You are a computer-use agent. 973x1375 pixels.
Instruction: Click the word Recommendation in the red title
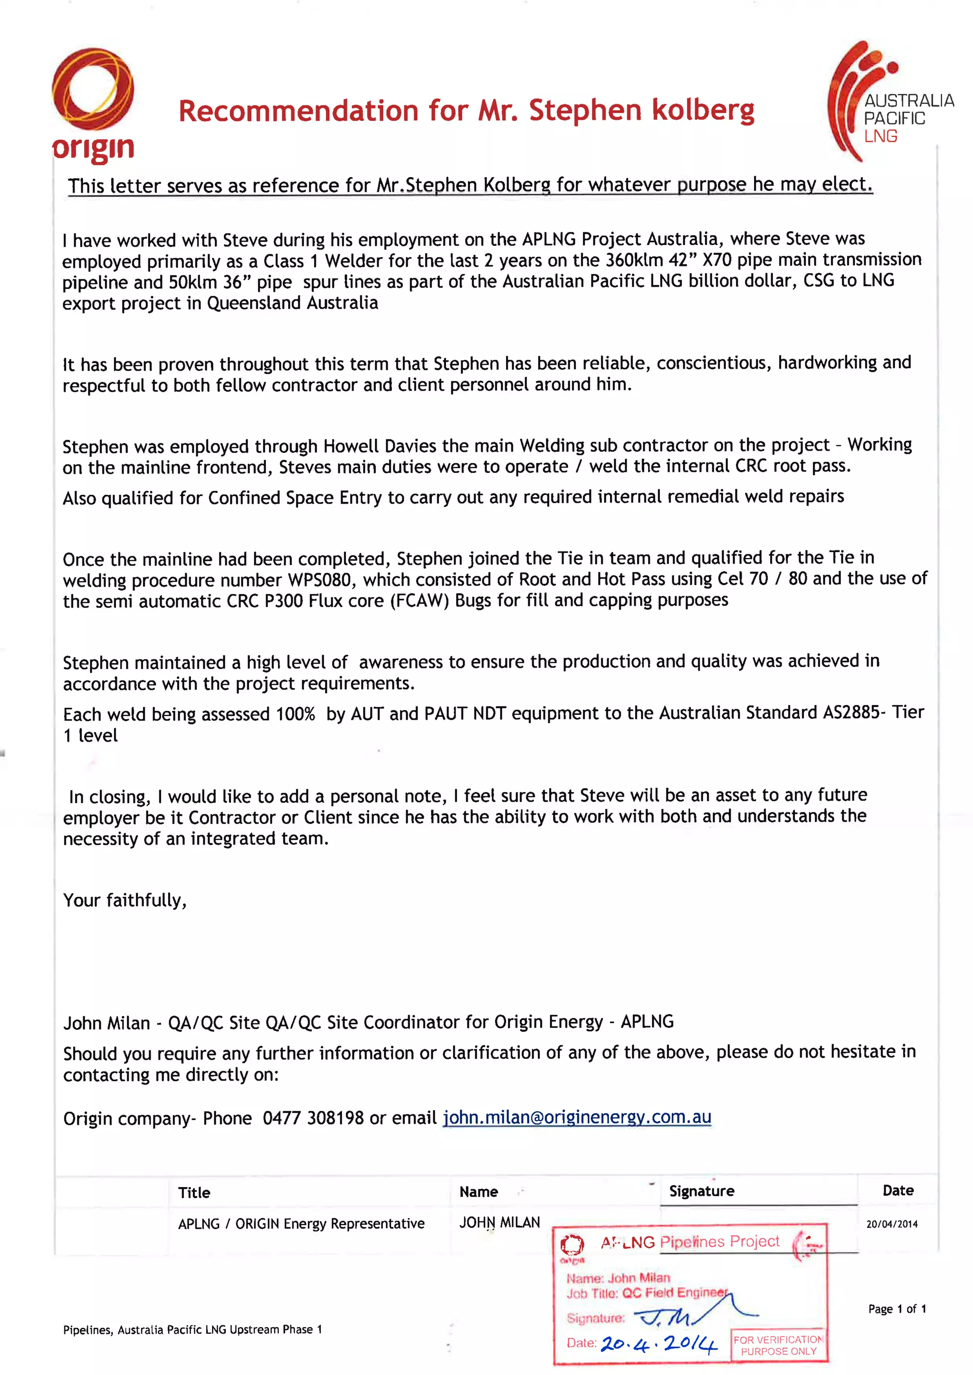coord(298,112)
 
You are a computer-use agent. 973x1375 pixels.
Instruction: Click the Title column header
coord(194,1192)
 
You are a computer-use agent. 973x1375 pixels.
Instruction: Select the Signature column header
coord(702,1191)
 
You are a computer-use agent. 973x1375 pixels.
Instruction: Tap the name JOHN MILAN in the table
coord(500,1222)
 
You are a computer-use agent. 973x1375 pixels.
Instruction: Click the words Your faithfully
coord(124,900)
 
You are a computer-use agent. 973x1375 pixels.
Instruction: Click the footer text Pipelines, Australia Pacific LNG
coord(192,1329)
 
